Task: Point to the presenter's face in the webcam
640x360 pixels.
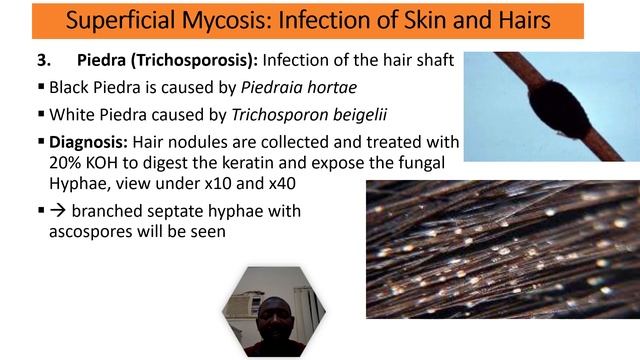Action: click(272, 319)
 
